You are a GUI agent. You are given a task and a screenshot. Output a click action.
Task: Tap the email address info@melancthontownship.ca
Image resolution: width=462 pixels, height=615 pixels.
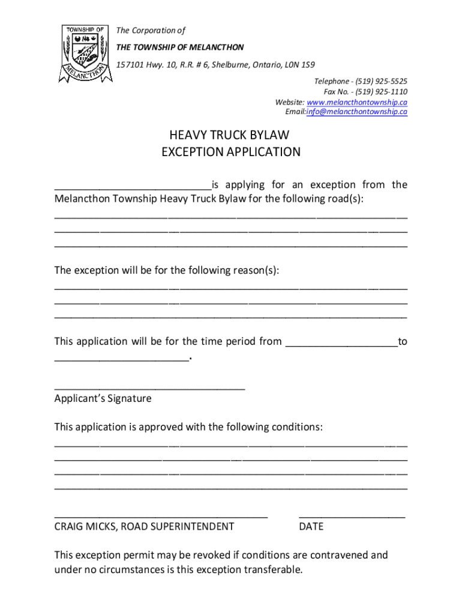tap(357, 112)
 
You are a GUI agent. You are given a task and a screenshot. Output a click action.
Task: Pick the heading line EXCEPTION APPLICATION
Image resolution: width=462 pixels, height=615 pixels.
tap(231, 152)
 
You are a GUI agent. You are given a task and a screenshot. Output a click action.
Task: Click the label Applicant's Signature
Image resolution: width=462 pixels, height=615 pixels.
tap(103, 399)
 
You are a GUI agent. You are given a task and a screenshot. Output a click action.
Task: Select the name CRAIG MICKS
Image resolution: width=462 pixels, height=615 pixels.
tap(85, 527)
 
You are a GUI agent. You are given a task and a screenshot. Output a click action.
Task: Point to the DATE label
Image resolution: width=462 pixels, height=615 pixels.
tap(311, 527)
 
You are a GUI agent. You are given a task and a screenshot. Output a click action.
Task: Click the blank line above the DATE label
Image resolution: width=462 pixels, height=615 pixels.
tap(352, 515)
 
